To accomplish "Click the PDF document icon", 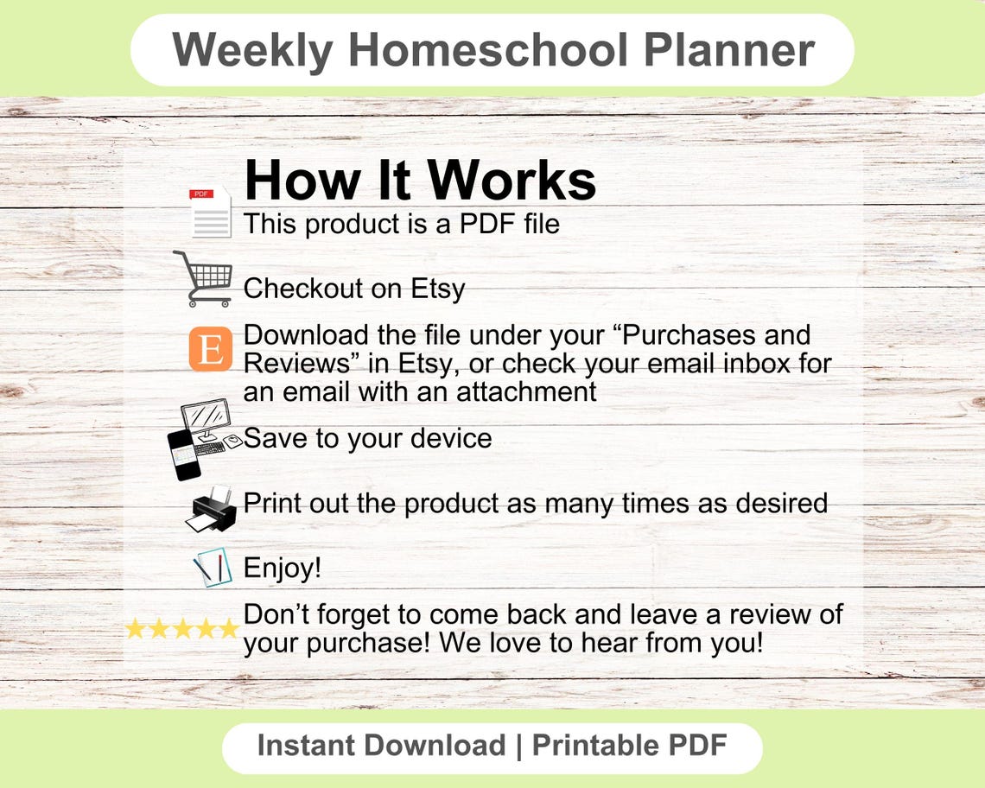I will coord(211,212).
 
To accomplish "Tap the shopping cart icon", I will coord(204,278).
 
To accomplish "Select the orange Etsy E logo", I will coord(211,349).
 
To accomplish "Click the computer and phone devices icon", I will coord(202,439).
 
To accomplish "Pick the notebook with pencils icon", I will coord(213,568).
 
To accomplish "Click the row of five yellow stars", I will coord(181,628).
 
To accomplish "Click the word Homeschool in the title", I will coord(488,49).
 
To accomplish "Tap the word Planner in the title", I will coord(730,49).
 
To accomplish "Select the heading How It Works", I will coord(420,181).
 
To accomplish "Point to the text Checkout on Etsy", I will coord(354,289).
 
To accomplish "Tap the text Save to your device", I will coord(368,438).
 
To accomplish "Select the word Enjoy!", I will coord(283,568).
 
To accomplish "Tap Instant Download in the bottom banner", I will coord(381,745).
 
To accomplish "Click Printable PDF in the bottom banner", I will coord(629,745).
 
